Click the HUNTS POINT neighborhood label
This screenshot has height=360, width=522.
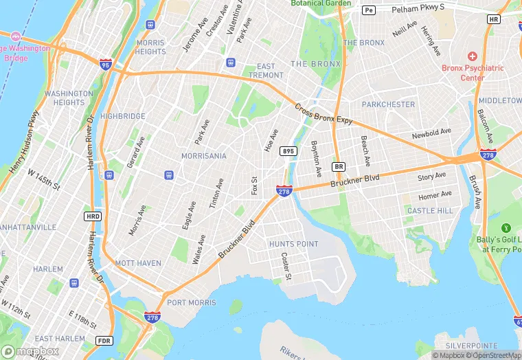293,244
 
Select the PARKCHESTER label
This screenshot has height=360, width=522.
389,104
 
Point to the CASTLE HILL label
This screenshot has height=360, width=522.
430,210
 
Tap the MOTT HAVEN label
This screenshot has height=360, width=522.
139,263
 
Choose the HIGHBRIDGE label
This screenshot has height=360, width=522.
123,116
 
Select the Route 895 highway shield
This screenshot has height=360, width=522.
288,151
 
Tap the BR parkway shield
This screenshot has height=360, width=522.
338,167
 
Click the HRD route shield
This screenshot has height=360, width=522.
93,216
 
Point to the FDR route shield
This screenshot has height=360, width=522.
104,341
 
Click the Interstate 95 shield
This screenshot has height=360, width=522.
106,63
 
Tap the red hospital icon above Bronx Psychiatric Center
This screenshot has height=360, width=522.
472,56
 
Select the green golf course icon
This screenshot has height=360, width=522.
507,227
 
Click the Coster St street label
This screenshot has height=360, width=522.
286,267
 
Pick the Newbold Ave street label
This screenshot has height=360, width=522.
431,133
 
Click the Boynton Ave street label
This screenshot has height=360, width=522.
316,157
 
